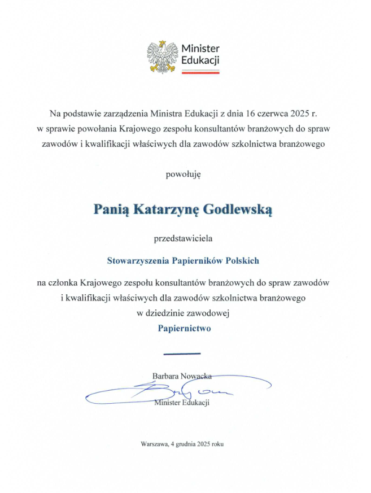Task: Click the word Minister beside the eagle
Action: (200, 49)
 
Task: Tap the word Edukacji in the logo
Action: (200, 60)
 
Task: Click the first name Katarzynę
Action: (175, 210)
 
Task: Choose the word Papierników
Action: (201, 261)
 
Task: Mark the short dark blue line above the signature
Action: (182, 354)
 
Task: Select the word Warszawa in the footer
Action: (155, 444)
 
